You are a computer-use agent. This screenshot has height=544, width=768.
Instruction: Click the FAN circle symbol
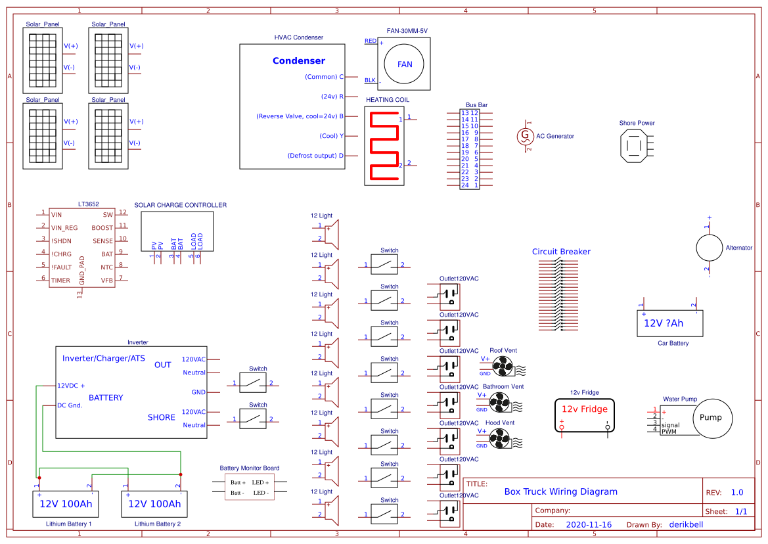[x=405, y=64]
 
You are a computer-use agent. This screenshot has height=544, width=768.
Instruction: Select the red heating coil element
[x=385, y=145]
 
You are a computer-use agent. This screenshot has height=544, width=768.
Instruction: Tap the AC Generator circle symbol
[x=525, y=136]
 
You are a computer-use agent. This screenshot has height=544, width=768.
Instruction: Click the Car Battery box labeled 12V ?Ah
[x=669, y=323]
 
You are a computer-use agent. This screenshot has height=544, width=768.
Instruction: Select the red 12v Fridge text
[x=584, y=409]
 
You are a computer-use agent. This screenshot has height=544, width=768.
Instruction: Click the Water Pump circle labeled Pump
[x=710, y=418]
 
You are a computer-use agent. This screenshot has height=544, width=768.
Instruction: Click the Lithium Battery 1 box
[x=66, y=505]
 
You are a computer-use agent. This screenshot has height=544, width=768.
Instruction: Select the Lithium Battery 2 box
[x=154, y=505]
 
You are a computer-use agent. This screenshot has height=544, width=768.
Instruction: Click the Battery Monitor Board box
[x=249, y=487]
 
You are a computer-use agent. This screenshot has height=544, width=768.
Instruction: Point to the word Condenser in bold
[x=299, y=61]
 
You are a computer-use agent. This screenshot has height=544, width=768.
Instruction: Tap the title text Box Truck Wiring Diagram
[x=560, y=491]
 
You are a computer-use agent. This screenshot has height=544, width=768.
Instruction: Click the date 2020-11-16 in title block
[x=588, y=525]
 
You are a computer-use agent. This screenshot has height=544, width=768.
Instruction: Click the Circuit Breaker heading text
[x=561, y=252]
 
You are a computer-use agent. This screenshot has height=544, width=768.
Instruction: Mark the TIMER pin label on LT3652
[x=60, y=281]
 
